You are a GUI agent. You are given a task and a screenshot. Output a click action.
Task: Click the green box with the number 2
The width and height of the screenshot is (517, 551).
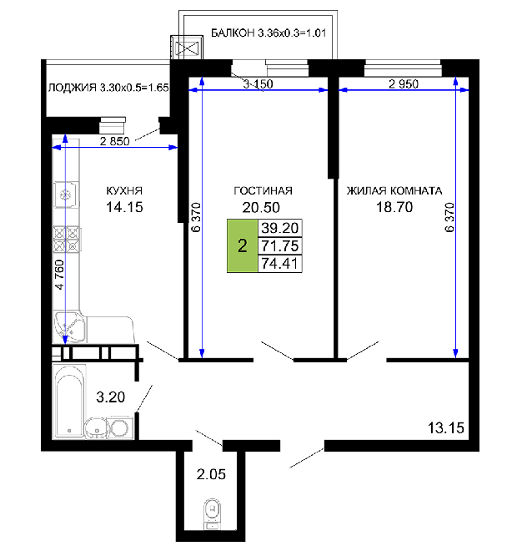coord(242,245)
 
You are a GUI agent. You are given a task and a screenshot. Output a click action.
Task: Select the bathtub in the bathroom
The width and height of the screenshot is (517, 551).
coord(68,402)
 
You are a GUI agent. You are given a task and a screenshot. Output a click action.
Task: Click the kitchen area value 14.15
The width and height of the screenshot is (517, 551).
coord(124,207)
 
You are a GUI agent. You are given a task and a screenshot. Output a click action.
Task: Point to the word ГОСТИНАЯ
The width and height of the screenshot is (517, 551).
coord(263,190)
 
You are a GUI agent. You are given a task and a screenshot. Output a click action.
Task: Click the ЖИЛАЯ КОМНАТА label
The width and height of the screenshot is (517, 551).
coord(394,190)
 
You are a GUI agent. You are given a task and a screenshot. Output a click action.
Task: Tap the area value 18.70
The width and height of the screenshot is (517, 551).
coord(394,207)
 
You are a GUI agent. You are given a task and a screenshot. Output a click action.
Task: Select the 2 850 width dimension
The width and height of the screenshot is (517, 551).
coord(115,141)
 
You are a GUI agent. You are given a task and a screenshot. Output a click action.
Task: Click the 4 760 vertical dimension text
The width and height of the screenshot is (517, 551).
coord(60,275)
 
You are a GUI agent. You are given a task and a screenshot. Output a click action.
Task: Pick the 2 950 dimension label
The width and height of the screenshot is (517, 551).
coord(404,84)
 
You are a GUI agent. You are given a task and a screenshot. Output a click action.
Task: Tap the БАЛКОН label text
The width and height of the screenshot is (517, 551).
coord(233,33)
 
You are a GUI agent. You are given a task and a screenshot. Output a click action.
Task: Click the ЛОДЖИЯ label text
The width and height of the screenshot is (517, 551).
coord(72,88)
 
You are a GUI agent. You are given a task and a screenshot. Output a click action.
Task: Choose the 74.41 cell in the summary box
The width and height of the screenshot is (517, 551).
coord(279,263)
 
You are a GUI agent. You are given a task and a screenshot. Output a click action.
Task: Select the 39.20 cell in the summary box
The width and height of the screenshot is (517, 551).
coord(279,228)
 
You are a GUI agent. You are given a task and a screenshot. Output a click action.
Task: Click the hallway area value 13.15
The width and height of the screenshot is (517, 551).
coord(446,428)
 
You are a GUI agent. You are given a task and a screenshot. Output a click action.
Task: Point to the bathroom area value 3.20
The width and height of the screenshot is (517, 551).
coord(111,397)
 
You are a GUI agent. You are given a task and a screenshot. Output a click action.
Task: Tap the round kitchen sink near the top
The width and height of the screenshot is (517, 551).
coord(66,195)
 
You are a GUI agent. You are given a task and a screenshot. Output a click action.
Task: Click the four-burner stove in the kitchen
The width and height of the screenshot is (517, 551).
coord(67,240)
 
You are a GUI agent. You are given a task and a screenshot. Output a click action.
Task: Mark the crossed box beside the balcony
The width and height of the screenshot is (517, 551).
coord(187,48)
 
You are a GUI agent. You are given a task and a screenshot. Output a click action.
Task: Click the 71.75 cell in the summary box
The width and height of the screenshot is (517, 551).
coord(279,245)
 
